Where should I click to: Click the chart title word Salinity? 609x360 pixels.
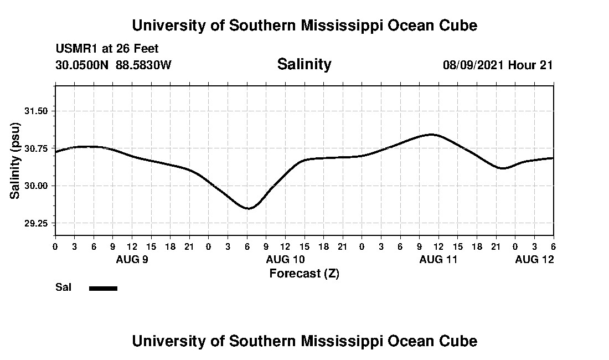pos(304,64)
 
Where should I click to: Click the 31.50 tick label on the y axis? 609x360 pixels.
pos(38,111)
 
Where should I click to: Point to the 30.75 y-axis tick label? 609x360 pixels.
pos(38,148)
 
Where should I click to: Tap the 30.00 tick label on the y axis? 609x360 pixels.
pos(38,186)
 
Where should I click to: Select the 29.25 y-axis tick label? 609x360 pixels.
pos(38,223)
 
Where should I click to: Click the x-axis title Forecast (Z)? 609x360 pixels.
pos(304,274)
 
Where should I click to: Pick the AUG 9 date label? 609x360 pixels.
pos(132,259)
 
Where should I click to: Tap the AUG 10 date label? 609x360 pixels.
pos(286,259)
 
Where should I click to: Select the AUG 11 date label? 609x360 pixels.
pos(438,259)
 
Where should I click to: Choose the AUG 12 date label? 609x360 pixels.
pos(534,259)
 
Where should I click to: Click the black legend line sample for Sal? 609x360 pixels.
pos(103,288)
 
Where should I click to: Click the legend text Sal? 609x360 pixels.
pos(63,287)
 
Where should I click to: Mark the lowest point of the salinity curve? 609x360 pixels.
pos(249,208)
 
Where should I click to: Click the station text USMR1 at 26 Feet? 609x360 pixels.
pos(107,49)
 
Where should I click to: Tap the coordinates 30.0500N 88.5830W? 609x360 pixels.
pos(113,65)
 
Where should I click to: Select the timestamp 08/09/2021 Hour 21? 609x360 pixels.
pos(497,65)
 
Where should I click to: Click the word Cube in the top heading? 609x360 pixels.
pos(457,25)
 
